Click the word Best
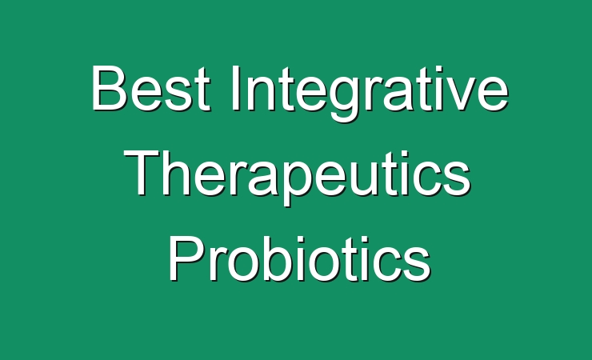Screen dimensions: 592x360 (x=151, y=89)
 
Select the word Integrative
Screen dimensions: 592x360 (x=370, y=93)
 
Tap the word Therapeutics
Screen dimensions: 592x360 (x=297, y=178)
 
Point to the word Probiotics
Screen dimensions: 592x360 (x=300, y=258)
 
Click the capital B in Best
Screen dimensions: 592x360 (x=109, y=88)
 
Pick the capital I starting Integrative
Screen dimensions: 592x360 (x=235, y=88)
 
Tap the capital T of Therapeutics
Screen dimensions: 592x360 (x=142, y=173)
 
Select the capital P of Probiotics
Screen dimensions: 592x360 (x=186, y=258)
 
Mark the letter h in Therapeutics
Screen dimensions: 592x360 (x=177, y=173)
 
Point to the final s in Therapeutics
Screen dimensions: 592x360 (x=457, y=178)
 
